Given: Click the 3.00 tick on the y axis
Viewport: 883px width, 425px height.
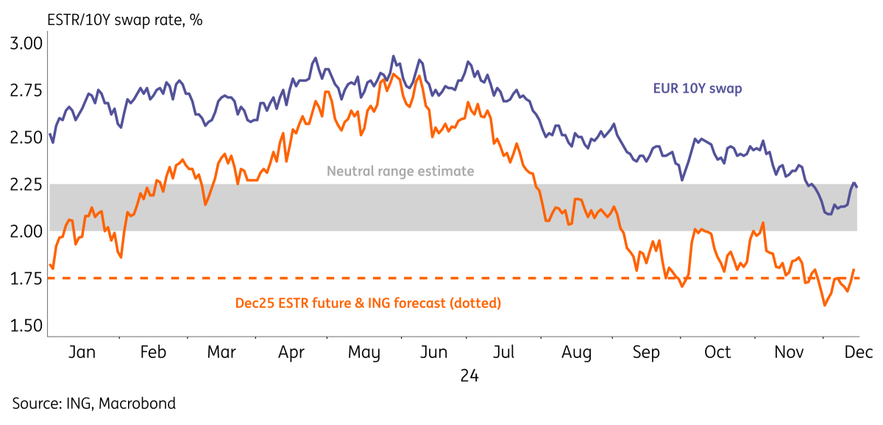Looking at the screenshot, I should pyautogui.click(x=26, y=43).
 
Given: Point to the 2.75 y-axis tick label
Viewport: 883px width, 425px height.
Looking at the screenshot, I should pyautogui.click(x=26, y=90).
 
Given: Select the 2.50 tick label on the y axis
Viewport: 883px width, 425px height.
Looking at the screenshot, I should pyautogui.click(x=26, y=137).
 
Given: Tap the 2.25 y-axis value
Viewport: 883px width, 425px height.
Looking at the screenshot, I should pyautogui.click(x=26, y=184).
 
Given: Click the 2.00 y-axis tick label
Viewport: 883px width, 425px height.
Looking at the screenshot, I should pyautogui.click(x=26, y=231).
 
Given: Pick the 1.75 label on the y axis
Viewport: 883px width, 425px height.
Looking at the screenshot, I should pyautogui.click(x=26, y=278).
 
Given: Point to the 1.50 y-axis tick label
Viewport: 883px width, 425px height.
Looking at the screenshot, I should pyautogui.click(x=26, y=326).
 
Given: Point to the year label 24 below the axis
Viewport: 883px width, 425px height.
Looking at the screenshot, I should pyautogui.click(x=469, y=376).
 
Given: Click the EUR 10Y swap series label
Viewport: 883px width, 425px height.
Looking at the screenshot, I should pyautogui.click(x=697, y=88).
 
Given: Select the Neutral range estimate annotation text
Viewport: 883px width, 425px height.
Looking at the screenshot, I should pyautogui.click(x=400, y=172).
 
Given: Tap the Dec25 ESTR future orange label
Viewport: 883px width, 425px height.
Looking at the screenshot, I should pyautogui.click(x=368, y=302).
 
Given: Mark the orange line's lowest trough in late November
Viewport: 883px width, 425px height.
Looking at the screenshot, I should pyautogui.click(x=825, y=304).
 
